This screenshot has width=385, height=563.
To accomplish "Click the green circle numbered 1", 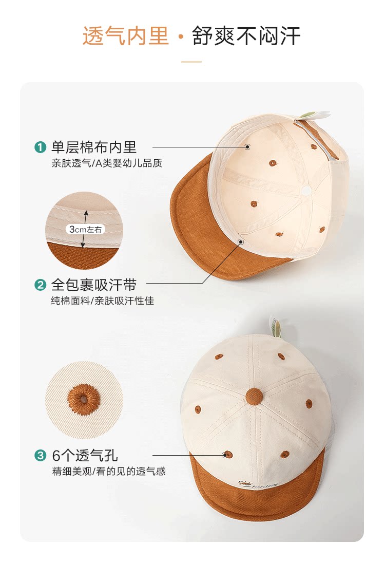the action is [x=40, y=147].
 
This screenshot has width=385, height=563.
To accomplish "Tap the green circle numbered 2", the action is [x=40, y=285].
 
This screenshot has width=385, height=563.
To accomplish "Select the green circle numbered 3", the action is [x=40, y=456].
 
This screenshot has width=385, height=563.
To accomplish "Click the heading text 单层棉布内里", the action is [x=94, y=147].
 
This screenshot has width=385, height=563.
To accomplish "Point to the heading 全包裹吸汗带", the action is [x=94, y=285].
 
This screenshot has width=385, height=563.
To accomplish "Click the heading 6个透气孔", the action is [x=85, y=456].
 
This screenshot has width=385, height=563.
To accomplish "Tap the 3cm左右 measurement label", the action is [x=85, y=229].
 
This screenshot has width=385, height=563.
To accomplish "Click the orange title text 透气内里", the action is [x=126, y=36].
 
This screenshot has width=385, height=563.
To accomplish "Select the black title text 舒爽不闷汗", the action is [x=246, y=36].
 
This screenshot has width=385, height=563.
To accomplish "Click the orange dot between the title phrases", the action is [x=181, y=36].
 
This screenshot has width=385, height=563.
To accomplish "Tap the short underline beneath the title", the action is [x=191, y=62].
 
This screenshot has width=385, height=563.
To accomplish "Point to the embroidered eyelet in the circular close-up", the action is [x=84, y=399].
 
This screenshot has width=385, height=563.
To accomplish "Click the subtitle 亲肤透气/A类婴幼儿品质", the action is [x=107, y=163].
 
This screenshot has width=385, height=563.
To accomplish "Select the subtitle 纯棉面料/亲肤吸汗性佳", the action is [x=102, y=301].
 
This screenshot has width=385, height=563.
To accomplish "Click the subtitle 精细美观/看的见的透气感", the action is [x=109, y=471].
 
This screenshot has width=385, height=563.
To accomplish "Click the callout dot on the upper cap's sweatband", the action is [x=241, y=242].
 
